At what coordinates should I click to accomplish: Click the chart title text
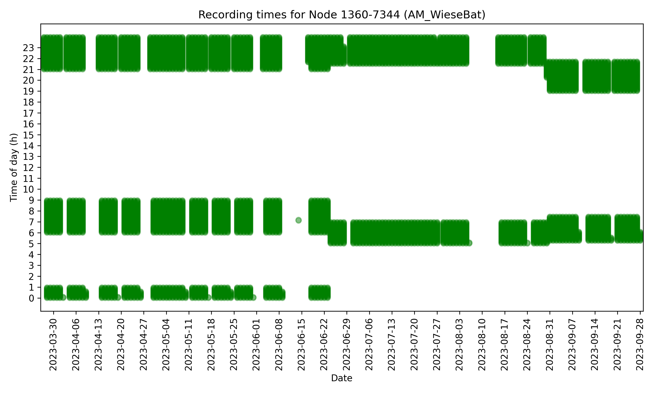[x=341, y=15]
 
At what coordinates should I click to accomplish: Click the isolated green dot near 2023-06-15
[x=298, y=220]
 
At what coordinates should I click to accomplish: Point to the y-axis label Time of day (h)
[x=14, y=167]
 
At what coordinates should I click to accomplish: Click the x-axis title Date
[x=341, y=378]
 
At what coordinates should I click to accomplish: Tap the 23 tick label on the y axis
[x=28, y=48]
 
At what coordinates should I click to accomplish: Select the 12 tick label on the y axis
[x=28, y=168]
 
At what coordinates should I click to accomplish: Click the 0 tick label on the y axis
[x=31, y=298]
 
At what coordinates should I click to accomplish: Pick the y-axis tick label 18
[x=28, y=102]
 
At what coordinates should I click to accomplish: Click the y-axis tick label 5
[x=31, y=244]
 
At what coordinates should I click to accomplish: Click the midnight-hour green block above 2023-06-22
[x=319, y=293]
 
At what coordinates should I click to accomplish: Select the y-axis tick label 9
[x=31, y=200]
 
